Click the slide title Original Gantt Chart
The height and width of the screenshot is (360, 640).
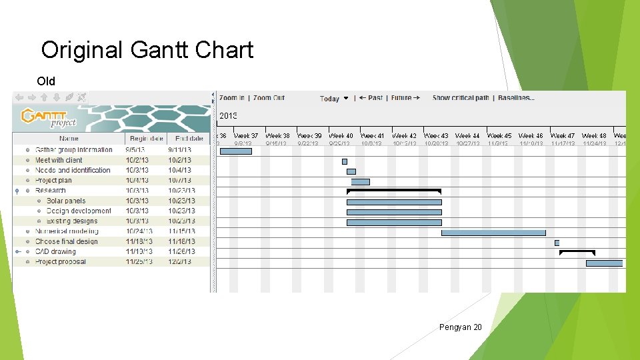(x=147, y=50)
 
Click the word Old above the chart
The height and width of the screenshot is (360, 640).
(x=46, y=81)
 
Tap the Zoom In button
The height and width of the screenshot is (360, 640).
(x=232, y=98)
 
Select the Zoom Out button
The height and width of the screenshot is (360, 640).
(x=269, y=98)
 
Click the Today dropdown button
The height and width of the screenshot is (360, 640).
(x=334, y=99)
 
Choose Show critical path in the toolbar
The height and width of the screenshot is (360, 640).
(x=461, y=98)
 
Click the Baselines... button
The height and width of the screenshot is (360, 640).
(x=515, y=98)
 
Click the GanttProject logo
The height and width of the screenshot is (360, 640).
(x=49, y=117)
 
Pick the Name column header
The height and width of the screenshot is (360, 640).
(x=69, y=139)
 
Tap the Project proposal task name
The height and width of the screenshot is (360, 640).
(x=60, y=262)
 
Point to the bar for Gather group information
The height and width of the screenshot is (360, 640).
(x=235, y=151)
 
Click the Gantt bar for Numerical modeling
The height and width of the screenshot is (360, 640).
(x=493, y=233)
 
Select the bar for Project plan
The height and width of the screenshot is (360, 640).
(x=360, y=182)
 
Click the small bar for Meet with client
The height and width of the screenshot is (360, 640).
(x=345, y=161)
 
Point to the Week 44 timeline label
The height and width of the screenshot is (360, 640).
(x=467, y=136)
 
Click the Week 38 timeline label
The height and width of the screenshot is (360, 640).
(x=277, y=136)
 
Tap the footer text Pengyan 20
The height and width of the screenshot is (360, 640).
(x=460, y=327)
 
